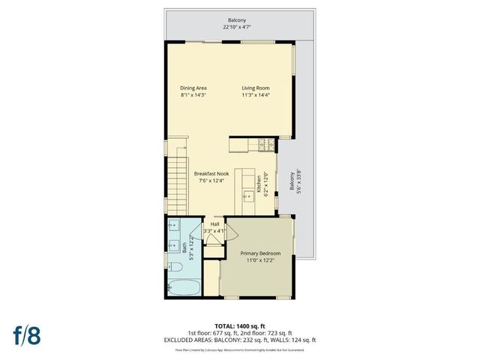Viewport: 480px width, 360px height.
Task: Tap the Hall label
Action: [x=215, y=223]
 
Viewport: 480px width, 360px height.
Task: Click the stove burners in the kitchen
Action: [x=263, y=143]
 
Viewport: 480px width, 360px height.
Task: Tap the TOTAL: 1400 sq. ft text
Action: [x=239, y=326]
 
